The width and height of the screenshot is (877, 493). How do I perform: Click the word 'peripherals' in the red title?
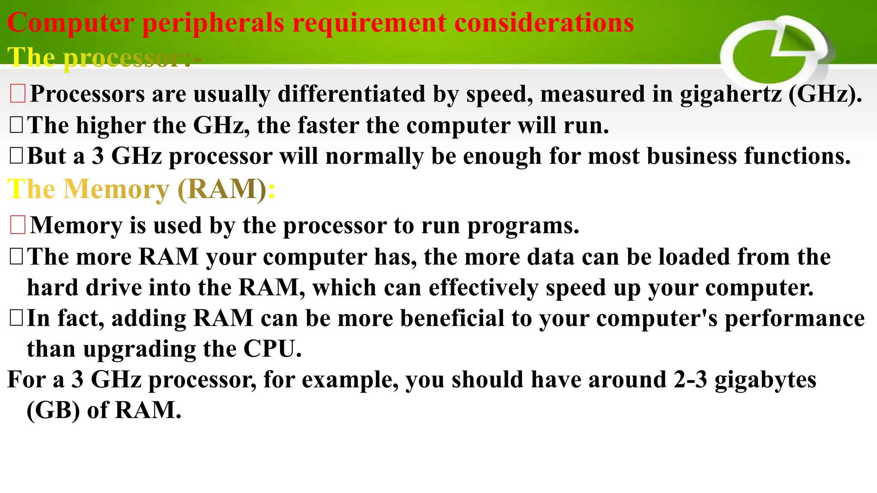click(213, 23)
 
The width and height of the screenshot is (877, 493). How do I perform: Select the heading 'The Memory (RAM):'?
click(141, 189)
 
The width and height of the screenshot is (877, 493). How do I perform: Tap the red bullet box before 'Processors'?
click(18, 94)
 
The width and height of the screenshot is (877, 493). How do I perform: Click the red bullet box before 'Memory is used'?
click(18, 225)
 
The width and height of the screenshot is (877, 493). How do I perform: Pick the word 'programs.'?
click(523, 226)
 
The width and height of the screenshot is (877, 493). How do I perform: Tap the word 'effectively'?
click(483, 288)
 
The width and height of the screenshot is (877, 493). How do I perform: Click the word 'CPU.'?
click(272, 349)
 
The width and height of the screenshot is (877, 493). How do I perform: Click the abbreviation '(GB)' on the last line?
click(53, 410)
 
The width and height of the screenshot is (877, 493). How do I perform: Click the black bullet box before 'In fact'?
click(16, 318)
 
